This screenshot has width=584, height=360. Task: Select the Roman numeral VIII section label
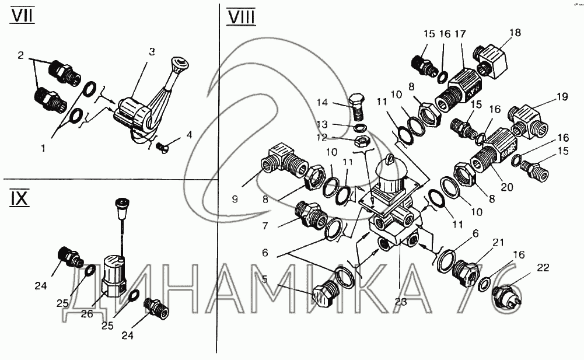[240, 16]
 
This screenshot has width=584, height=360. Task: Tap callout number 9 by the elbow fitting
[235, 199]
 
